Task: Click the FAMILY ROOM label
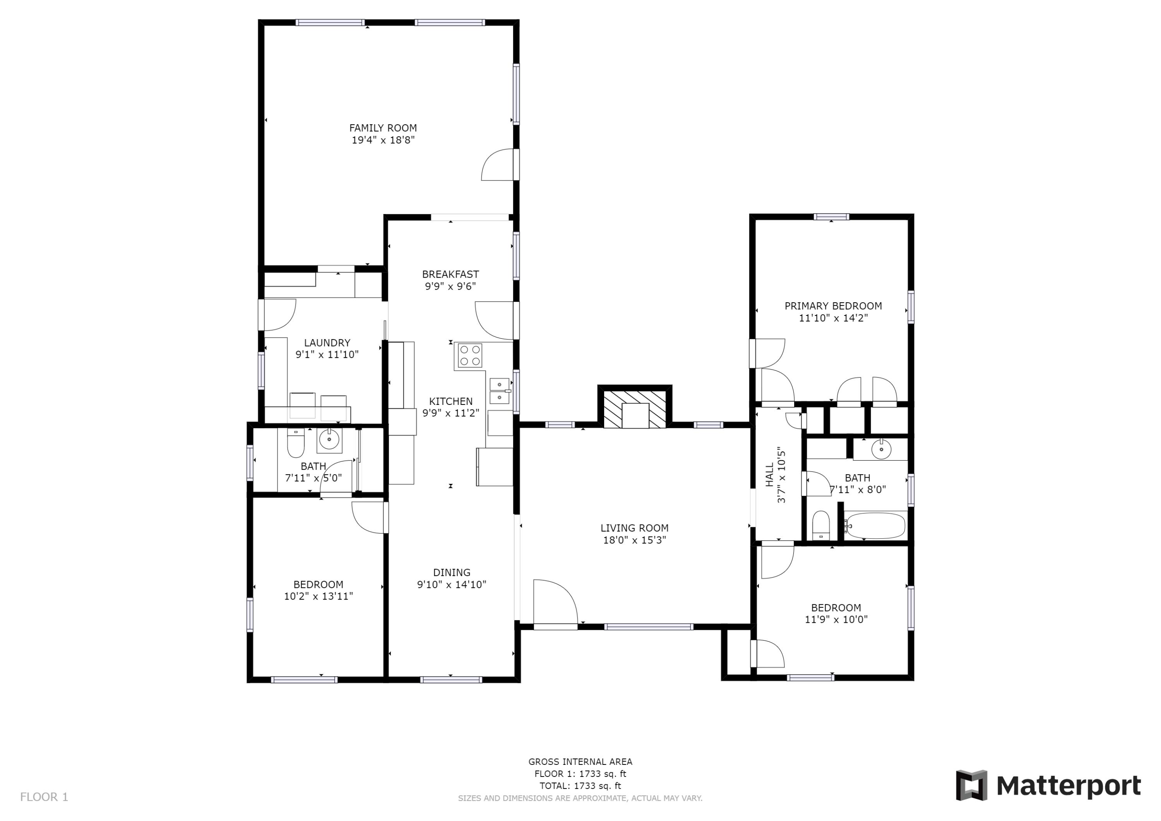(383, 128)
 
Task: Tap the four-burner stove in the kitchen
(470, 355)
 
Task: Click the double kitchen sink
(500, 391)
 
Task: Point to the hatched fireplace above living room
(635, 409)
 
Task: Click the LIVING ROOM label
(634, 528)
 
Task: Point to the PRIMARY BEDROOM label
(833, 305)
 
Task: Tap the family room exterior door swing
(498, 165)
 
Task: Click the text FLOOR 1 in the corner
(44, 797)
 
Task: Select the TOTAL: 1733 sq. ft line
(580, 786)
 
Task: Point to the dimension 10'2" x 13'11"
(318, 596)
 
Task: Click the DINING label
(452, 572)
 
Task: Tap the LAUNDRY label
(327, 343)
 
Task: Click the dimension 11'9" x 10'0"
(836, 619)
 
